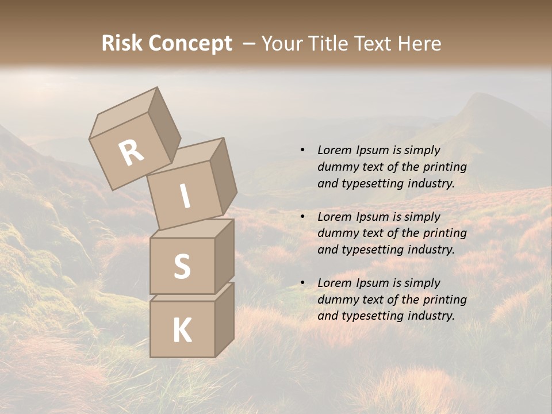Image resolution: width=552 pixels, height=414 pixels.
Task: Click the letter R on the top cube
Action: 132,153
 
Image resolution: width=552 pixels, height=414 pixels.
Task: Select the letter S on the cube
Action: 182,266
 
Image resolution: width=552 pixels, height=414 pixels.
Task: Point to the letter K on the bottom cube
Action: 182,331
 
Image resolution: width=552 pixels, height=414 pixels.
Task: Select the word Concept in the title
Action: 191,44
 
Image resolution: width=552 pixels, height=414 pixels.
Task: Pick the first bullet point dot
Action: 302,150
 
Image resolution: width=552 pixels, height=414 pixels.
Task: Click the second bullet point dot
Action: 302,217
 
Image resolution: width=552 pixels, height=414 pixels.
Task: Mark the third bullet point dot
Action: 302,283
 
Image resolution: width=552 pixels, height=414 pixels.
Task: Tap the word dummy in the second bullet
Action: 336,233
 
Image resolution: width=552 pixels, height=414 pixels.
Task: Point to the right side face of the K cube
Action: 224,319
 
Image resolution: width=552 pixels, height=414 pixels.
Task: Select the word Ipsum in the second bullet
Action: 374,217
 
